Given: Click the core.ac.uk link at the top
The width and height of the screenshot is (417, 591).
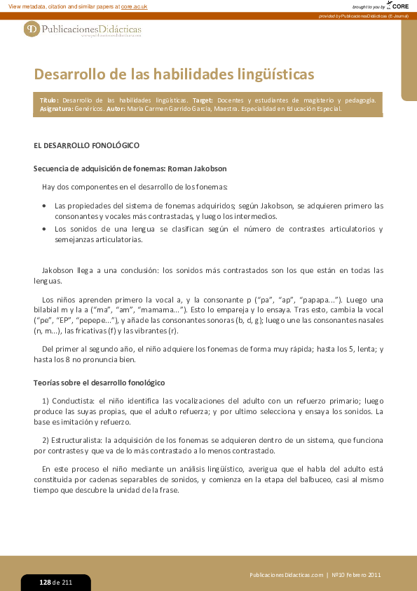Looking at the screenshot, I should coord(134,6).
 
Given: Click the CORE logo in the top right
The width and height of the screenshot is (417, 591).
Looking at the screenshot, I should coord(399,6).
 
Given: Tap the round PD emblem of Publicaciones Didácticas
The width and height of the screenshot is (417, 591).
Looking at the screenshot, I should coord(32,29).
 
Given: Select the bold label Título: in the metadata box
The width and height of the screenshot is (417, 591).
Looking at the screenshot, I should coord(49,100).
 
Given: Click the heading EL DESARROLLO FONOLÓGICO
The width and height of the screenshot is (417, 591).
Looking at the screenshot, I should coord(87,145).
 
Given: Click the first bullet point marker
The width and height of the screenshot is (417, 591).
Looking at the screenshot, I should coord(45,206).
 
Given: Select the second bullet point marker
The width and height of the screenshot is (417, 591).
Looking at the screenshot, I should coord(45,230).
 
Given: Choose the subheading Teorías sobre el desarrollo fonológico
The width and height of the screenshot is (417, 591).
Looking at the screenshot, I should coord(99,383).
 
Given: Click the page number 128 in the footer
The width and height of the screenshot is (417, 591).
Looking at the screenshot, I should coord(46,583).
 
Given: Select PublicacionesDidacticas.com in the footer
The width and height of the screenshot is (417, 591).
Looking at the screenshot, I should coord(286,575).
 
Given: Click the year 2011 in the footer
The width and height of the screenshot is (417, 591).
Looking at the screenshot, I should coord(372,575).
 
